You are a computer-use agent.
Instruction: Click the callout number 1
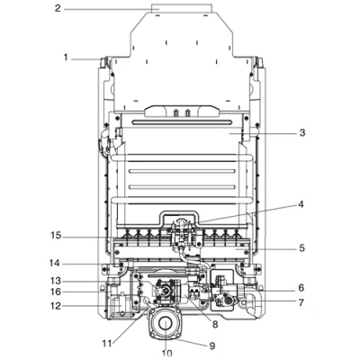point(66,57)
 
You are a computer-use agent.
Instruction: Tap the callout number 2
point(58,8)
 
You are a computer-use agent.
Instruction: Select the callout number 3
point(302,132)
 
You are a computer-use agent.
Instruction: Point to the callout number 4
point(301,204)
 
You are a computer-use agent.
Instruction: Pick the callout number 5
point(301,248)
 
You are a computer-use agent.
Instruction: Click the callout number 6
point(301,288)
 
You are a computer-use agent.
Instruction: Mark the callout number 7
point(301,302)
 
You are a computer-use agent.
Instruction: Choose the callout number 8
point(215,324)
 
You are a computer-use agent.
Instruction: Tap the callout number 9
point(212,346)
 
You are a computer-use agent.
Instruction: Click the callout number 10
point(166,353)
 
